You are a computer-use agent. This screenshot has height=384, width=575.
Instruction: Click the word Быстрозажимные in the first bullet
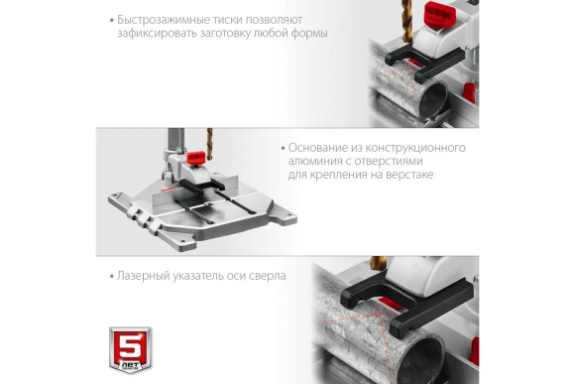164,20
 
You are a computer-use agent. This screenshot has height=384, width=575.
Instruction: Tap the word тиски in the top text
227,20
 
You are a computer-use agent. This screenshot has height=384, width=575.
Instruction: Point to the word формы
309,34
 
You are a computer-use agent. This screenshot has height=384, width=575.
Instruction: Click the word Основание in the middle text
317,148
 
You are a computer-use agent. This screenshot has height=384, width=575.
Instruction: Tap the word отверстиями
389,161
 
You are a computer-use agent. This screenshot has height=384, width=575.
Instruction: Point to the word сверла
268,276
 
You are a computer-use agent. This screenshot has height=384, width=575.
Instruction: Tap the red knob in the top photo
440,14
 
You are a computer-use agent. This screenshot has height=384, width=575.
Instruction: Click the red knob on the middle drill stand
196,157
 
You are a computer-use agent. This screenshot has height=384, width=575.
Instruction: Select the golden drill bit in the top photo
406,20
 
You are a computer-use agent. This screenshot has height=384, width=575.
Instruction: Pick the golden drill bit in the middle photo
210,144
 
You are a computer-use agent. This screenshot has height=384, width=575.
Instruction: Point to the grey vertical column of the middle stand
175,141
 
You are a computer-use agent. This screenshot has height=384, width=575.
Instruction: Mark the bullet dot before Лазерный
112,277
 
